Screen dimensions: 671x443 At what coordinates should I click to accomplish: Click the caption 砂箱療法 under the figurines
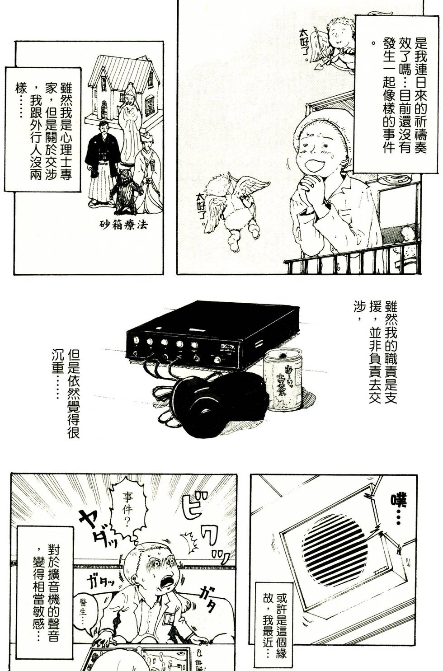coord(124,225)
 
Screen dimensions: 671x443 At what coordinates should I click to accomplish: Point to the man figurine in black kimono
coord(102,163)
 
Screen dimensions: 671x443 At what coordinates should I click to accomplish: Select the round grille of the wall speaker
coord(335,553)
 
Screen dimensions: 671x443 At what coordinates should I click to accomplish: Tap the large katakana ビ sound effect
coord(197,511)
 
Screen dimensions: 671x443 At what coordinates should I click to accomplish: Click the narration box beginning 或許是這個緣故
coord(273,626)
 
